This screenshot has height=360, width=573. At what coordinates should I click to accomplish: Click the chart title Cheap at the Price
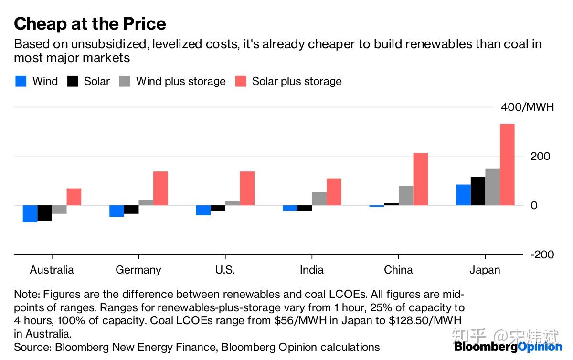point(90,24)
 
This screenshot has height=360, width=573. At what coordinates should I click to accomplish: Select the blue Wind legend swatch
point(21,81)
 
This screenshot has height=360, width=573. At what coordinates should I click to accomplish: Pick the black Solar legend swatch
point(73,81)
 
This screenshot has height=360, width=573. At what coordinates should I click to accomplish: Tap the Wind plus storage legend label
point(180,81)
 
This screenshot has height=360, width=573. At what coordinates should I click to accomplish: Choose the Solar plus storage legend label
point(297,81)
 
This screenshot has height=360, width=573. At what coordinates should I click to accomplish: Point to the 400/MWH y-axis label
point(527,107)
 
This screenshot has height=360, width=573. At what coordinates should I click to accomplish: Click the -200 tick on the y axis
point(542,254)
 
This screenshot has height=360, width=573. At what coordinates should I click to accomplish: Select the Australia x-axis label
point(52,270)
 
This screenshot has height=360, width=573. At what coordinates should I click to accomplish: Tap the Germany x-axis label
point(138,270)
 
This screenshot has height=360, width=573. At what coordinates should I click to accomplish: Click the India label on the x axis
point(311,270)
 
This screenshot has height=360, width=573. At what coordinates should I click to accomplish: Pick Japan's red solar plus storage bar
point(507,165)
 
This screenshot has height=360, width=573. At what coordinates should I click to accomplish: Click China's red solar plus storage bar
point(420,179)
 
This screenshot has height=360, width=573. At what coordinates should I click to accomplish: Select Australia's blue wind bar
point(30,214)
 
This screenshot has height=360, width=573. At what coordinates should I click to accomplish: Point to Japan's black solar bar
point(477,191)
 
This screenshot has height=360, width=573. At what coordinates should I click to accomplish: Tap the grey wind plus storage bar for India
point(319,199)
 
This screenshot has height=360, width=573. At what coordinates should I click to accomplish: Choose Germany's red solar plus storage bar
point(160,188)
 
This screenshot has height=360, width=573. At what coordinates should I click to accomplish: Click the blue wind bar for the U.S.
point(203,211)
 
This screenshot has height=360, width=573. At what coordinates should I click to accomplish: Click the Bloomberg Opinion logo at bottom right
point(508,347)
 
